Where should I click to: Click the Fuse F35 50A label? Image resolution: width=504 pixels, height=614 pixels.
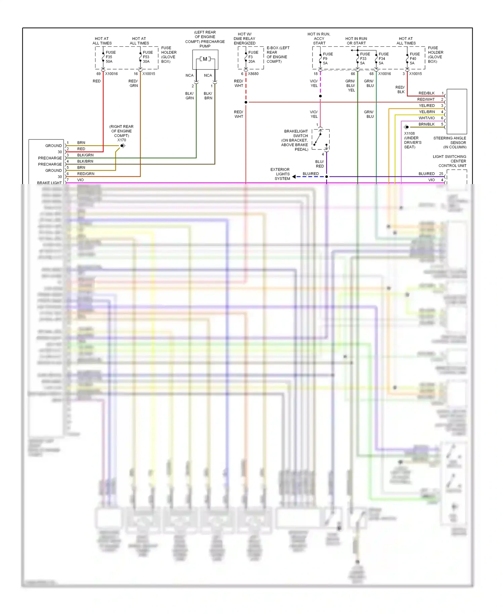(x=110, y=57)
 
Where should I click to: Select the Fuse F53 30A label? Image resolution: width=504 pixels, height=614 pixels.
(x=148, y=57)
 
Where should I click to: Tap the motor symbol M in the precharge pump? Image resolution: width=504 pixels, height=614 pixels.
(x=205, y=59)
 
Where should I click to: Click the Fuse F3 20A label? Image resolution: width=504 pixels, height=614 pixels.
(x=253, y=57)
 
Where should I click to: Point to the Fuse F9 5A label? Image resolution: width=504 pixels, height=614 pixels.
(x=328, y=58)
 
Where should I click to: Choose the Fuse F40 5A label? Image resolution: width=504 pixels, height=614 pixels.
(x=414, y=58)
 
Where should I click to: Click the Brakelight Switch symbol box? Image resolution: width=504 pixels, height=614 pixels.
(x=321, y=139)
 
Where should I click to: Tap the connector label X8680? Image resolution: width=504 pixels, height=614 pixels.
(x=253, y=74)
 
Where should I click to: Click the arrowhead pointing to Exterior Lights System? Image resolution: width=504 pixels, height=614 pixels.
(x=294, y=177)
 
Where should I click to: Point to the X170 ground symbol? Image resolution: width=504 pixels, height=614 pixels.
(x=123, y=146)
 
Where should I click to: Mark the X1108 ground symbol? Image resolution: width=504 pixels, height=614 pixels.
(x=406, y=127)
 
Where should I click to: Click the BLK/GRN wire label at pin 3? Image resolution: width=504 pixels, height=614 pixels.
(x=85, y=155)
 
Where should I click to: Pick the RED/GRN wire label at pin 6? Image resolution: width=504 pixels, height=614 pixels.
(x=86, y=174)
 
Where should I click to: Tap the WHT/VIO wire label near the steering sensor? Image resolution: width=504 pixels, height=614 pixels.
(x=426, y=118)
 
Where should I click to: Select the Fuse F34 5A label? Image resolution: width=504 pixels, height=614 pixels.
(x=383, y=58)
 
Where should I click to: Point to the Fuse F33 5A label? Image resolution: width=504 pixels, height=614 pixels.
(x=365, y=58)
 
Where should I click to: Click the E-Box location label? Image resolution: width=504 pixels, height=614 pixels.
(x=278, y=55)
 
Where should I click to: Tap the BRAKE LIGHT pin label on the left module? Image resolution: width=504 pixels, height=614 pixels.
(x=49, y=183)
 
